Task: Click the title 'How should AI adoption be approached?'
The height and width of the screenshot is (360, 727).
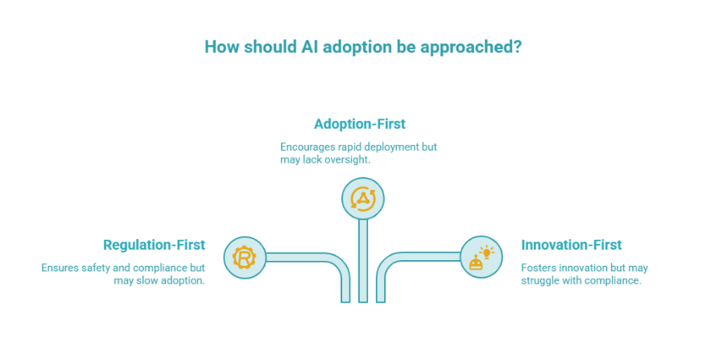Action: (363, 46)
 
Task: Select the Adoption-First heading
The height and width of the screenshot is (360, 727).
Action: (359, 124)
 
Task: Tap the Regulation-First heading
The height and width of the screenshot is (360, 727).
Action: (154, 245)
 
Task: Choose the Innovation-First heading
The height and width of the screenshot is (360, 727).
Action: (571, 245)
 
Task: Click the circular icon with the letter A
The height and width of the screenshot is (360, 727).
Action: (363, 198)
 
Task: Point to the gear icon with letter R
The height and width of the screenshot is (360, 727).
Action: (243, 258)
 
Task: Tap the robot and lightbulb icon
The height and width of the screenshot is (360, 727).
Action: (481, 258)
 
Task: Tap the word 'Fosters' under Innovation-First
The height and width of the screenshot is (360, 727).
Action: (539, 267)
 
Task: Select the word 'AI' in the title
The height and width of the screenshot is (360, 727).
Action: (312, 46)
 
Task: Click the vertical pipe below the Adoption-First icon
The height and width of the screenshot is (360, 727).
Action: (363, 266)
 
